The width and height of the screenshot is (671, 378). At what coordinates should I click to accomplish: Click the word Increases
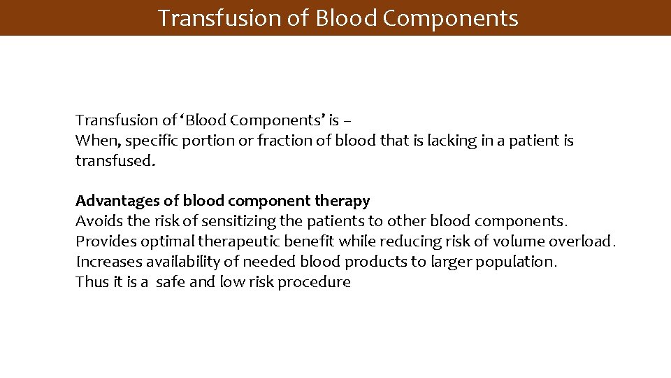coord(107,262)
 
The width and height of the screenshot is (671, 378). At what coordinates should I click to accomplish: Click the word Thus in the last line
coord(92,282)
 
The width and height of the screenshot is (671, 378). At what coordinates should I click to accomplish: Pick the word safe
coord(170,282)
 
